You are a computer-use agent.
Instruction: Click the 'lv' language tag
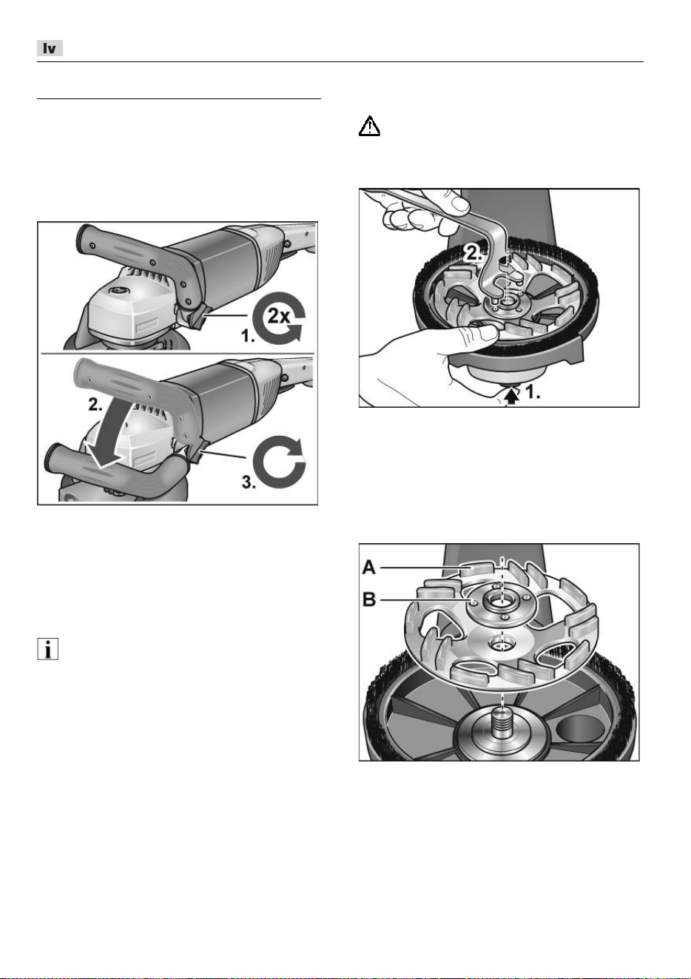pos(50,49)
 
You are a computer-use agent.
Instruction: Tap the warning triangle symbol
pos(369,127)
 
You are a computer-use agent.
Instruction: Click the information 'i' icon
pos(47,649)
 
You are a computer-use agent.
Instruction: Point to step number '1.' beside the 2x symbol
pos(248,336)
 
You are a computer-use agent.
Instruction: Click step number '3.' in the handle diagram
pos(249,482)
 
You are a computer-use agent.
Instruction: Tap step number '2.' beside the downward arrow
pos(95,405)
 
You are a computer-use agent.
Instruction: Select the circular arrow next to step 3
pos(278,461)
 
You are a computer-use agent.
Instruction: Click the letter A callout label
pos(369,568)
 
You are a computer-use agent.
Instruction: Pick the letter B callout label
pos(369,599)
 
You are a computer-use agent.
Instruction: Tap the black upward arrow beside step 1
pos(512,397)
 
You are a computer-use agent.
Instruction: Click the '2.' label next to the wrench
pos(473,254)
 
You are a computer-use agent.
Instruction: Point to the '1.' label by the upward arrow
pos(533,392)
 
